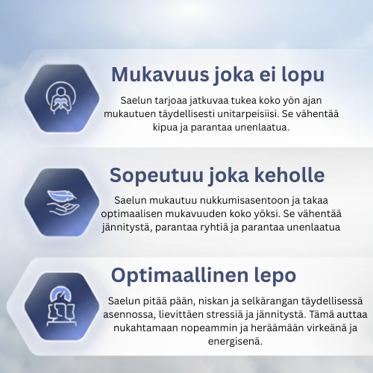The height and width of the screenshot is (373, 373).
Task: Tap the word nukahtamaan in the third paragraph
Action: coord(136,327)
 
